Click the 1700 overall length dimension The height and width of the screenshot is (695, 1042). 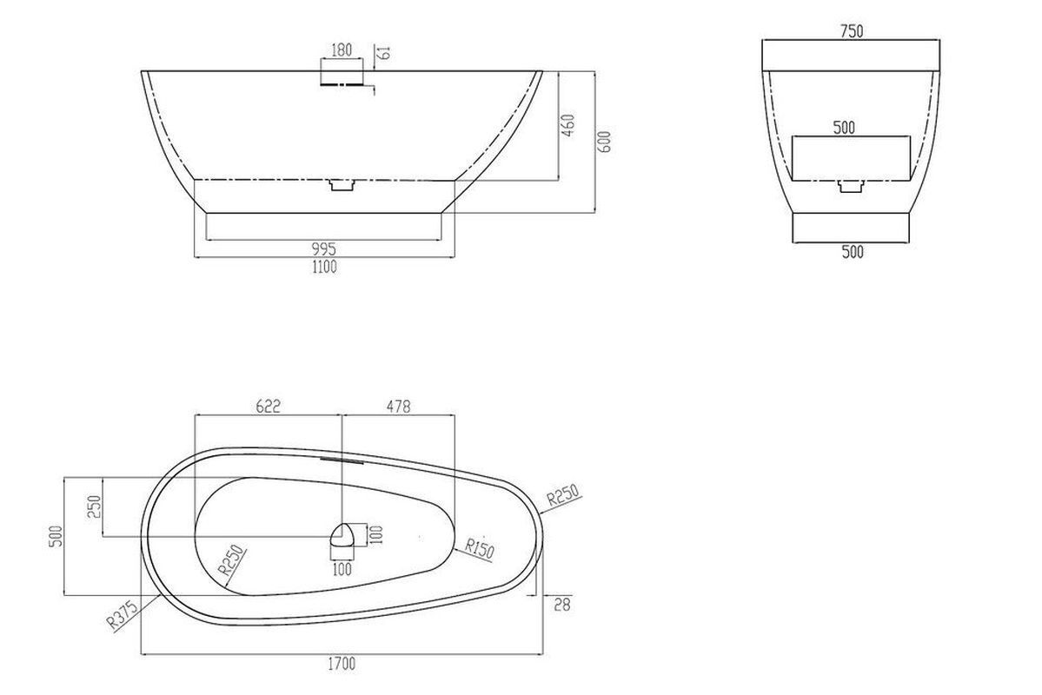pos(342,663)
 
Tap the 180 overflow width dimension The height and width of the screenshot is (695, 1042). pos(341,50)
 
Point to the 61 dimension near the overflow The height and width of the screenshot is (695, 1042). pos(383,52)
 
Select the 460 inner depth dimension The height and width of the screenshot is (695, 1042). pos(568,125)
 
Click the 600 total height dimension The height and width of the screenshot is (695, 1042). pos(604,142)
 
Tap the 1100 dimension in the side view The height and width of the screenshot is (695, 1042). pos(323,267)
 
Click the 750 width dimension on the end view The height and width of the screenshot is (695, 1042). pos(852,30)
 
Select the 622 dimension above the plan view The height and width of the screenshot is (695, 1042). pos(268,406)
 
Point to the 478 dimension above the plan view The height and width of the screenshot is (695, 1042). pos(398,406)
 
